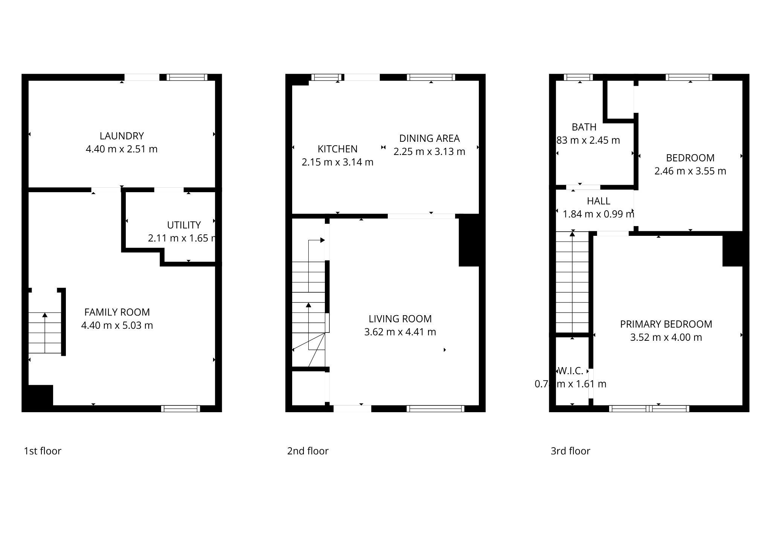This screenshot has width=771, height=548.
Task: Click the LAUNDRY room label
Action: coord(122,136)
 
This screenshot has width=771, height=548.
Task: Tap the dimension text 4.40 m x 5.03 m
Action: coord(117,325)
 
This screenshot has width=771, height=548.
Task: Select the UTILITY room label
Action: coord(184,225)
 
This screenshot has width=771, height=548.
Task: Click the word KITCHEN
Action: coord(337,149)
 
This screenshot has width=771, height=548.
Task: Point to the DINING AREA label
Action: coord(429,138)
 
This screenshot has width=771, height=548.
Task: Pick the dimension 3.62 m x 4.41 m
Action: coord(400,332)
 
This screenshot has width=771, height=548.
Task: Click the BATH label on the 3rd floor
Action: coord(584,127)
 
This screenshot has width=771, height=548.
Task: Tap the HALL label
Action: coord(598,201)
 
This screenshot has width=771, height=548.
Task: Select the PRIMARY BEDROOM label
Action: coord(666,324)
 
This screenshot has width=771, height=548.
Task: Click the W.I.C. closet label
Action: coord(570,371)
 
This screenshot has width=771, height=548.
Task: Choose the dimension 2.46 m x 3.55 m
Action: coord(690,171)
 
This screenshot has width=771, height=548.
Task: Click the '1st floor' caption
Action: coord(43,451)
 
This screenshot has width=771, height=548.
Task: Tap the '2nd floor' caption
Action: coord(308,451)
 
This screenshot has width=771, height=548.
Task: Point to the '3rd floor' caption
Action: coord(570,451)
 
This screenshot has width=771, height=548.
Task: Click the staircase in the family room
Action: coord(45,333)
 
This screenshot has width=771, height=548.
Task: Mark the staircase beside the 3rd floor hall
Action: coord(572,282)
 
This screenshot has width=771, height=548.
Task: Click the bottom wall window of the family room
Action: coord(181,409)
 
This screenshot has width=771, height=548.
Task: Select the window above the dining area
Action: coord(431,77)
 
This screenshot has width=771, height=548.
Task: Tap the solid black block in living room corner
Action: coord(469,241)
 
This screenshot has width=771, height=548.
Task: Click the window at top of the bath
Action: coord(578,77)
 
